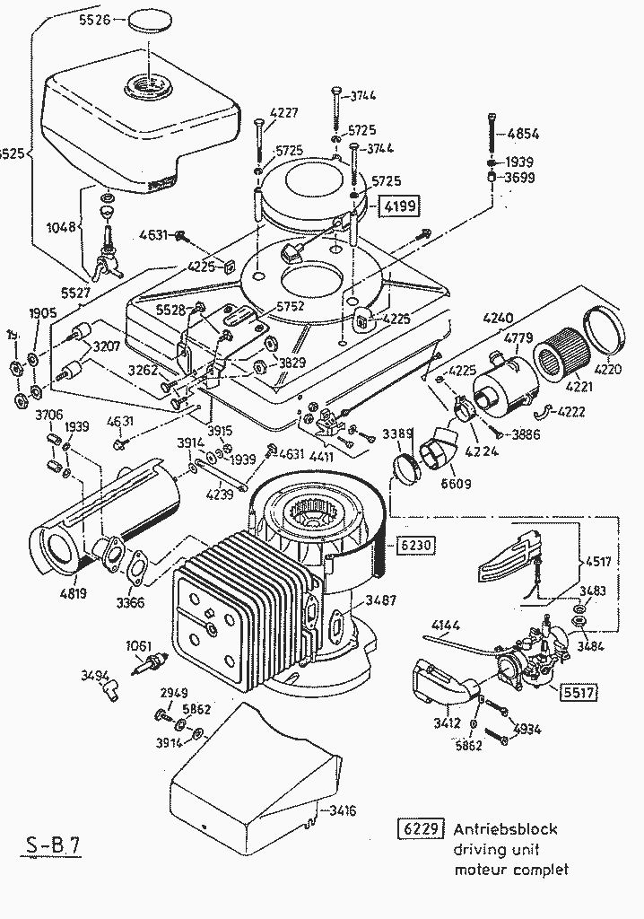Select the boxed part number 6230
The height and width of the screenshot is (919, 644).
click(413, 544)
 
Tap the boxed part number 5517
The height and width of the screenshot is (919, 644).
click(579, 691)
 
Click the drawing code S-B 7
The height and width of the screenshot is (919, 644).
click(50, 846)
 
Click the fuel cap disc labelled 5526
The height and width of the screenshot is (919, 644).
click(149, 20)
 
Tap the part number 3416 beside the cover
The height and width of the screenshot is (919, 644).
click(342, 810)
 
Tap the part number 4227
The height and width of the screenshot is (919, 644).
click(284, 113)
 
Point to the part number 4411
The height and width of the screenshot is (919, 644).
click(322, 456)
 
